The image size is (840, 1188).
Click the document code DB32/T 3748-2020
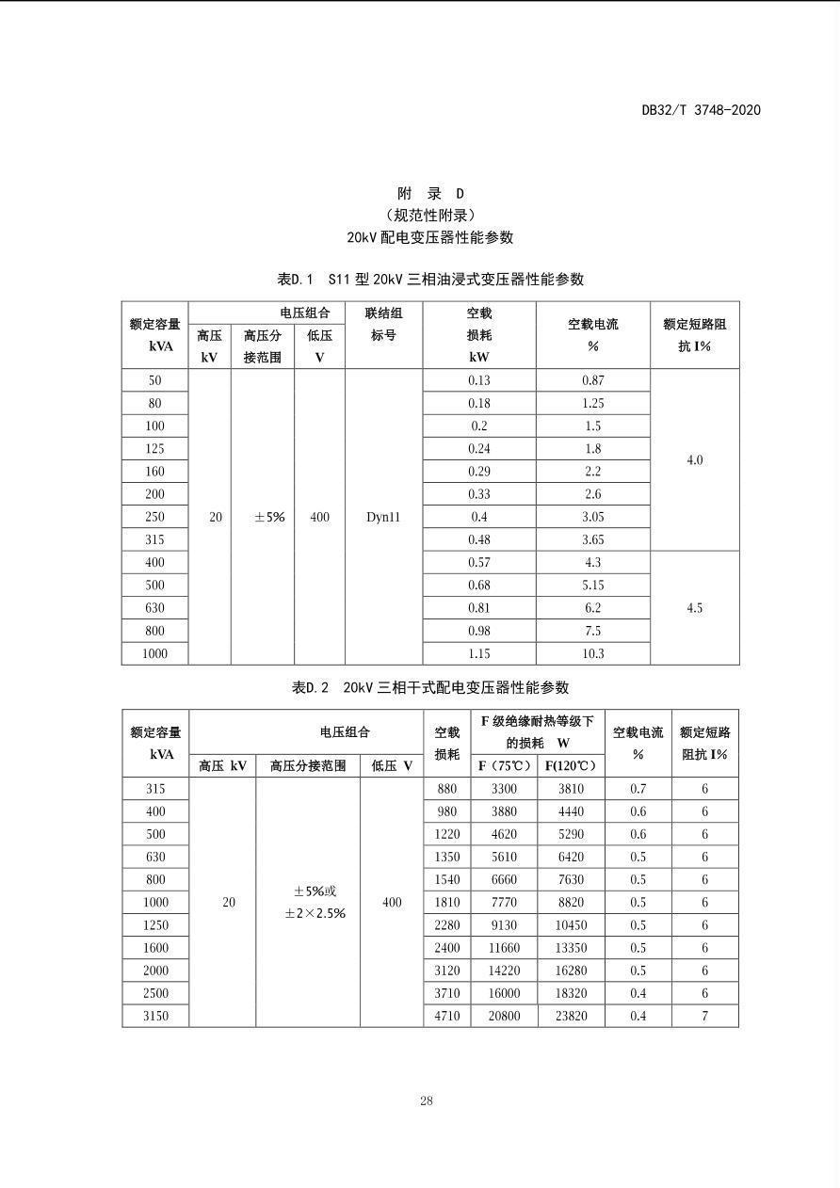(x=701, y=110)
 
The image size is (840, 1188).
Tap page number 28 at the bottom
(x=427, y=1100)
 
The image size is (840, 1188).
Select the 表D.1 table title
(x=430, y=279)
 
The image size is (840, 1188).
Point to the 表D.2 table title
(x=430, y=687)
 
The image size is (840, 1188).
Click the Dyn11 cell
(x=383, y=517)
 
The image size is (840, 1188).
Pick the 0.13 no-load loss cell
(x=479, y=380)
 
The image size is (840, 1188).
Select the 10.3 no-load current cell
(x=593, y=653)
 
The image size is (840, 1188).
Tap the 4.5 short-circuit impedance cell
(x=694, y=608)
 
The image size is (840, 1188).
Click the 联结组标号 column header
(x=383, y=324)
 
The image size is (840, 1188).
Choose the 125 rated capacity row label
(x=154, y=449)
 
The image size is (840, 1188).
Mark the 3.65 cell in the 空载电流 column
(x=593, y=539)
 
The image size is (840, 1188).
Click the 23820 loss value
(x=571, y=1016)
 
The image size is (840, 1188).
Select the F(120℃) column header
(x=571, y=765)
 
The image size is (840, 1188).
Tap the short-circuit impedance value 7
(x=704, y=1016)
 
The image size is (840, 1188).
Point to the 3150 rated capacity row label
(x=155, y=1016)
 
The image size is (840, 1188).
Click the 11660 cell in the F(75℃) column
(x=504, y=948)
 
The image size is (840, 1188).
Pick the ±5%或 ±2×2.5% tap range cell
(x=308, y=902)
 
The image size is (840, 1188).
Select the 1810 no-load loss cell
(x=447, y=902)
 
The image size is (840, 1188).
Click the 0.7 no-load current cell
(x=638, y=789)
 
